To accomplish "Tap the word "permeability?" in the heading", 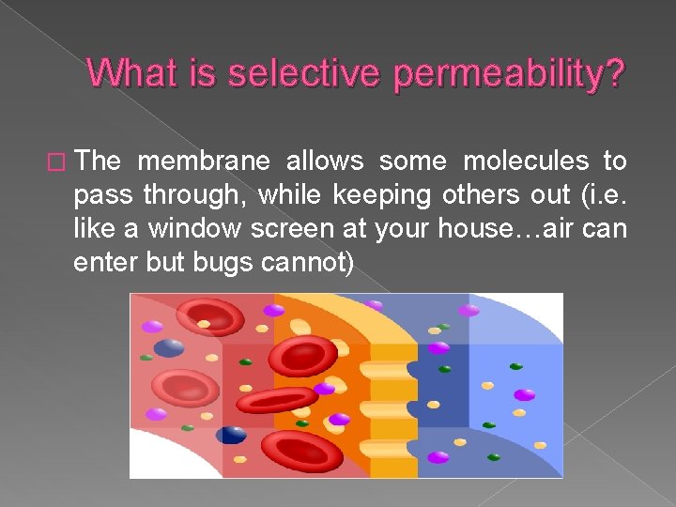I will pyautogui.click(x=508, y=75).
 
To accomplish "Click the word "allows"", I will pyautogui.click(x=320, y=161).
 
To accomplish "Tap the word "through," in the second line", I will pyautogui.click(x=194, y=196).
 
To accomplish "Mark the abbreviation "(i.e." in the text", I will pyautogui.click(x=602, y=195).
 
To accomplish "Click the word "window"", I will pyautogui.click(x=210, y=229).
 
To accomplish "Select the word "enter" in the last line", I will pyautogui.click(x=105, y=263).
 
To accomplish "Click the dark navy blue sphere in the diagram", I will pyautogui.click(x=230, y=435).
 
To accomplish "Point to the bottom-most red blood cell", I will pyautogui.click(x=300, y=452).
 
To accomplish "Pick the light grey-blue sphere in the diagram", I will pyautogui.click(x=169, y=348).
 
